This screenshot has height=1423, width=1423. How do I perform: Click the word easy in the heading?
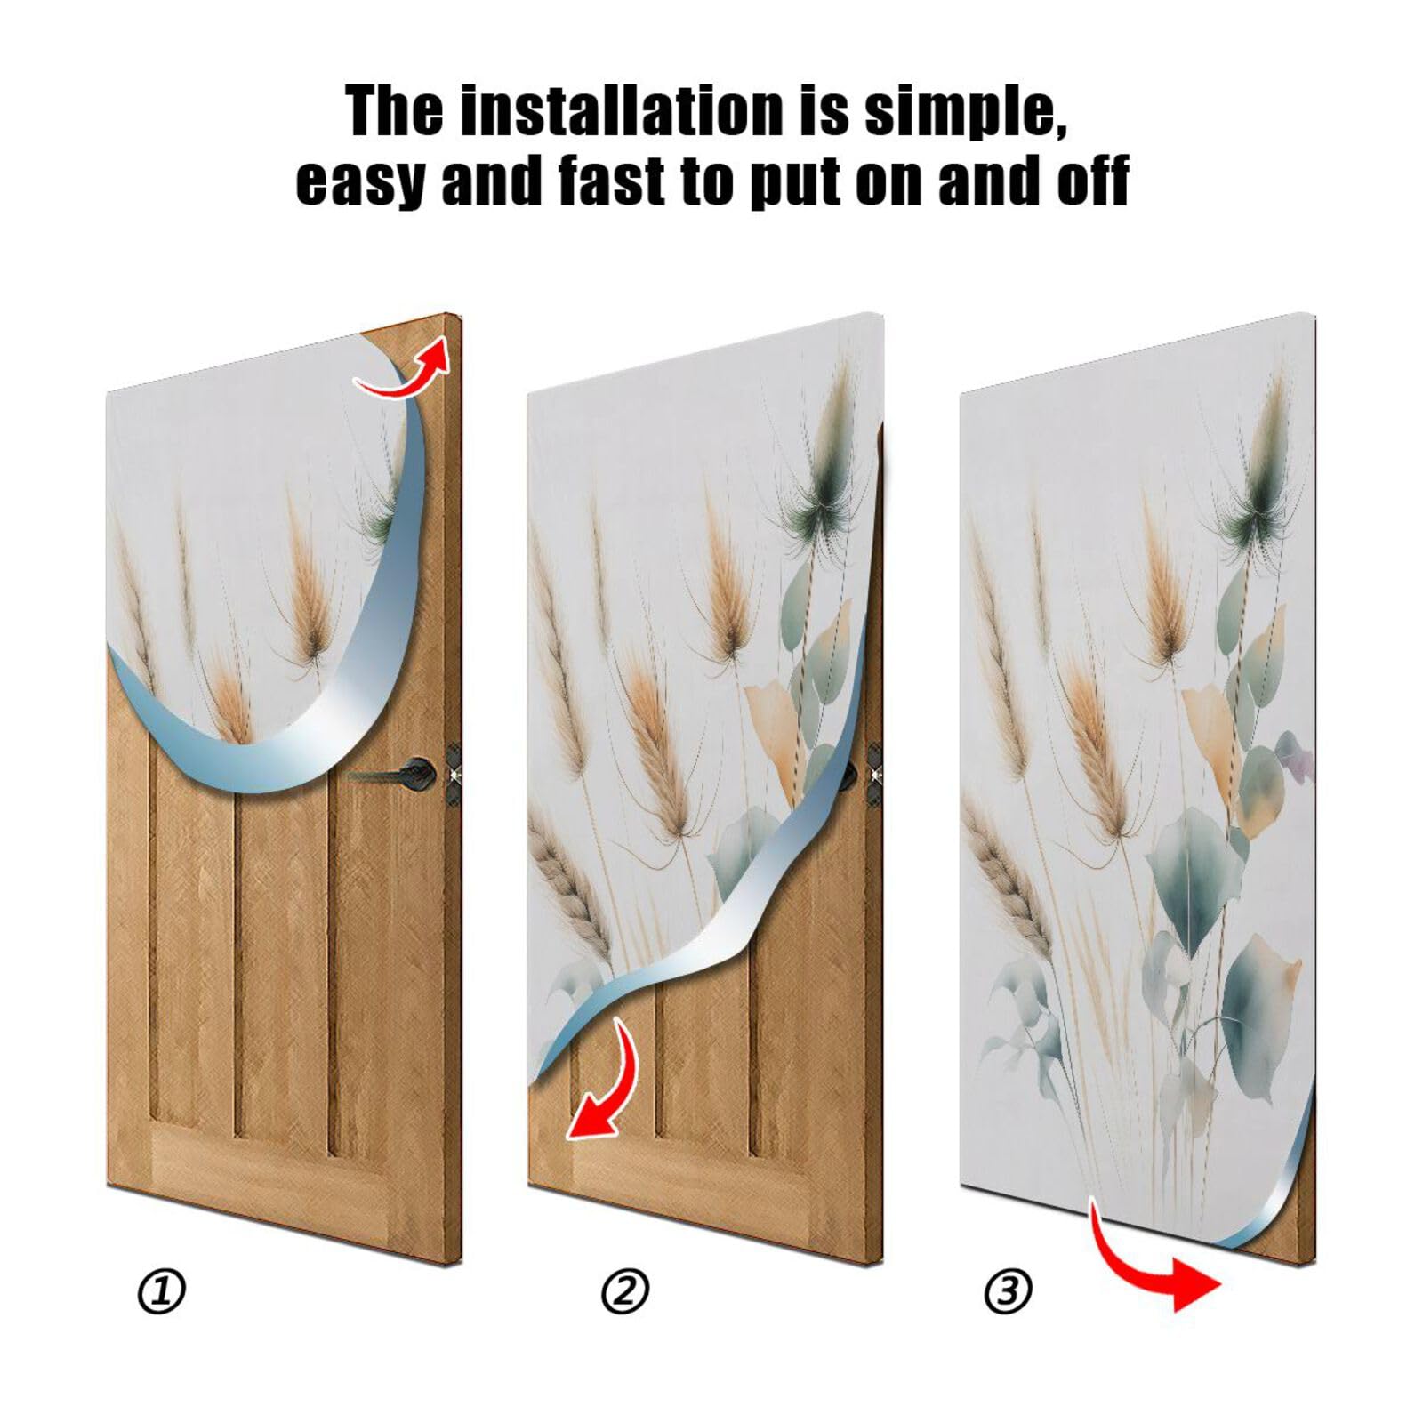point(360,182)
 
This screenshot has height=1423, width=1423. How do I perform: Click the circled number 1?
point(161,1290)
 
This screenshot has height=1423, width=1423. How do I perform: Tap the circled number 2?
point(625,1290)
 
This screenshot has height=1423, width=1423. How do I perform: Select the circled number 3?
point(1008,1290)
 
